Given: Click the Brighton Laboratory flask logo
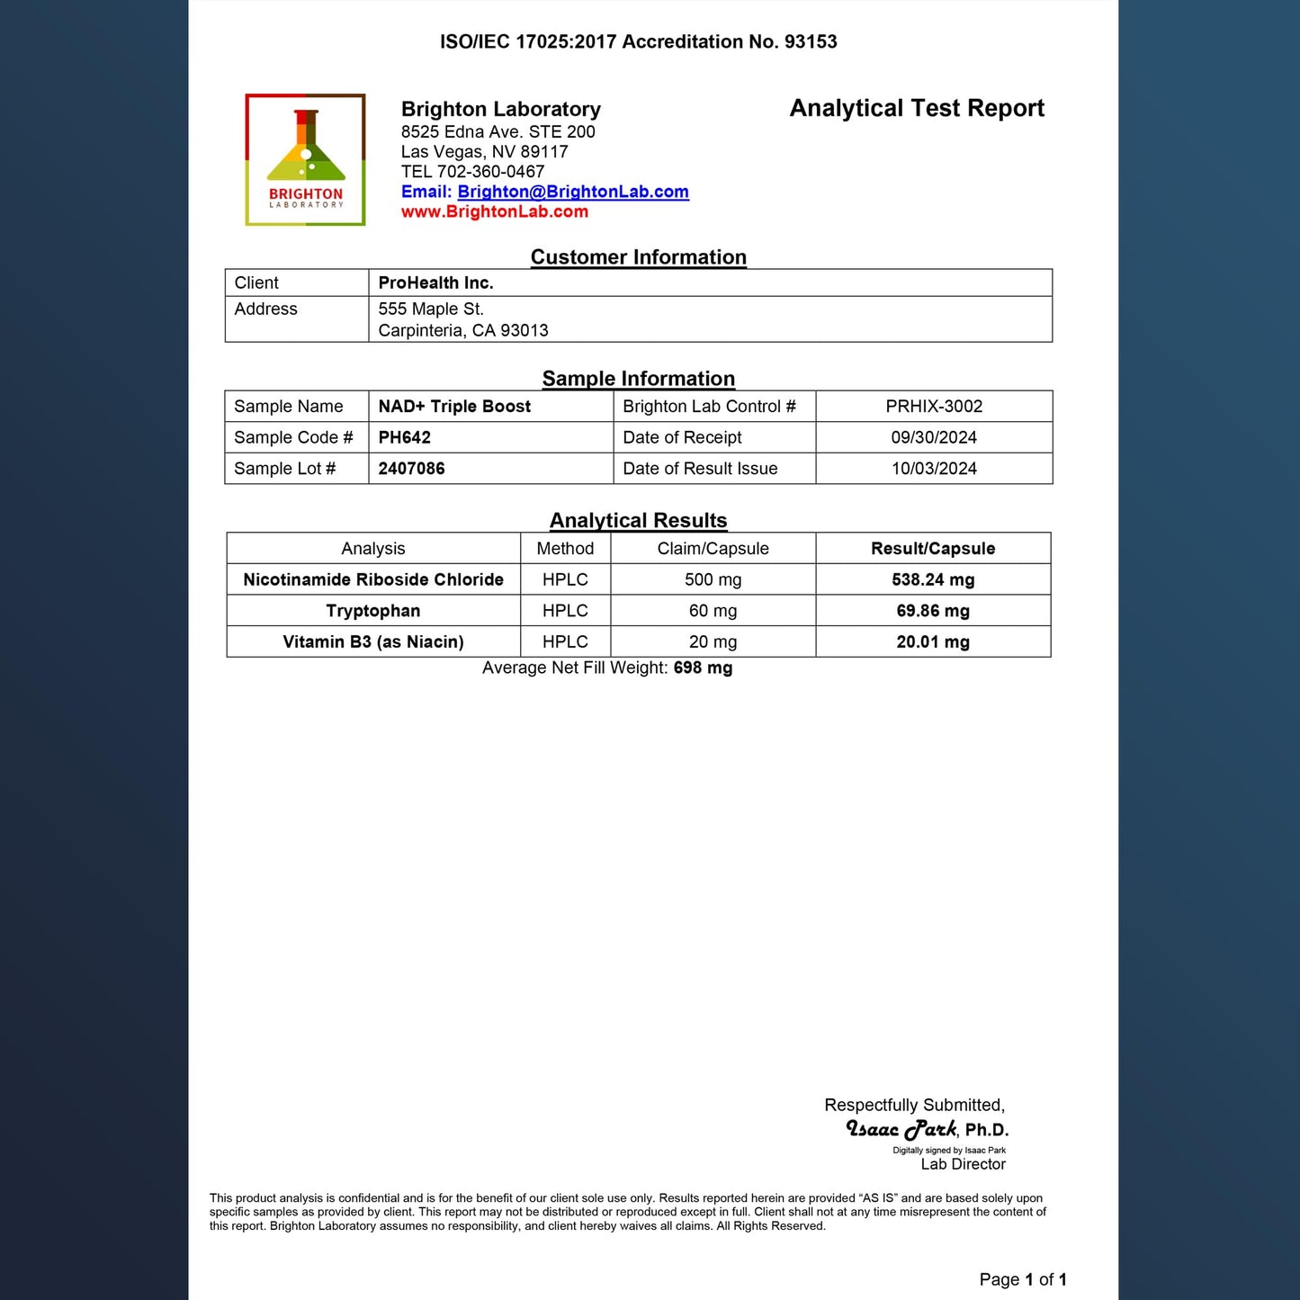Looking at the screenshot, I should tap(305, 159).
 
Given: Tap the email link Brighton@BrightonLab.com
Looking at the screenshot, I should tap(573, 192).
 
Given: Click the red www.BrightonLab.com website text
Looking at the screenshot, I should tap(494, 212).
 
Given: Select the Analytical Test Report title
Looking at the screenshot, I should tap(916, 109).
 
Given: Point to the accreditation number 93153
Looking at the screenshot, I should tap(811, 42).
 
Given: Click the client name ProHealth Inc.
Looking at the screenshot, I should tap(435, 283).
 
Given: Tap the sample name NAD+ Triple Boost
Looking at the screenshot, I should tap(454, 407).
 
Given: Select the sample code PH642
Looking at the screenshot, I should tap(404, 438).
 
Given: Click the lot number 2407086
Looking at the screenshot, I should tap(411, 469).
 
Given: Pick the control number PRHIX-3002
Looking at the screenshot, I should tap(934, 407).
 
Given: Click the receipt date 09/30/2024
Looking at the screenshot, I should tap(934, 438).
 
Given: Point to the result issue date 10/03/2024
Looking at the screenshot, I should tap(934, 469).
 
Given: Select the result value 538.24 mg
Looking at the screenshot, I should tap(933, 580).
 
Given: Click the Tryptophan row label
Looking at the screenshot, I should tap(372, 611).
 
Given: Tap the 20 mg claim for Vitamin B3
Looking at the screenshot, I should tap(713, 642).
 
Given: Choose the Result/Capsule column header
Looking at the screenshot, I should tap(933, 549).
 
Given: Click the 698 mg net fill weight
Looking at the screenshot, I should tap(703, 668).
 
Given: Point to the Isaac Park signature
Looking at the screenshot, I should tap(901, 1129).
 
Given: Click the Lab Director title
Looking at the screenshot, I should tap(963, 1164).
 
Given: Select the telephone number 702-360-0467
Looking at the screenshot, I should tap(490, 172).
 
